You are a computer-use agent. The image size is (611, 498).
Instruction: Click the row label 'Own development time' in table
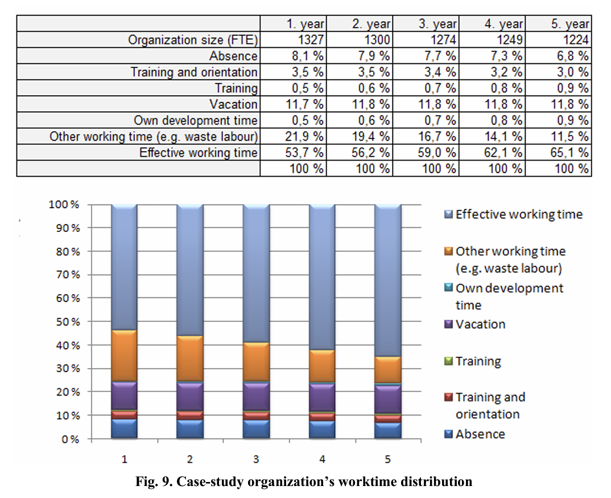tap(196, 121)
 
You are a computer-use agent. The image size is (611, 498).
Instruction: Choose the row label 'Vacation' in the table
tap(233, 105)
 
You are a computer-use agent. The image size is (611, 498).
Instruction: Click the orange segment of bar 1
tap(124, 356)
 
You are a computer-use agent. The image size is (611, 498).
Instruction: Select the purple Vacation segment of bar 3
tap(256, 396)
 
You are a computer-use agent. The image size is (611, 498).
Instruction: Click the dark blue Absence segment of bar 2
tap(190, 430)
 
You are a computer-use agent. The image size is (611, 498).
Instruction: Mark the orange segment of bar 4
tap(322, 366)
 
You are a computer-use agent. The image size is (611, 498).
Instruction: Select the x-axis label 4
tap(322, 459)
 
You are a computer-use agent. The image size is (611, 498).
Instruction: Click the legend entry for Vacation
tap(480, 324)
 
